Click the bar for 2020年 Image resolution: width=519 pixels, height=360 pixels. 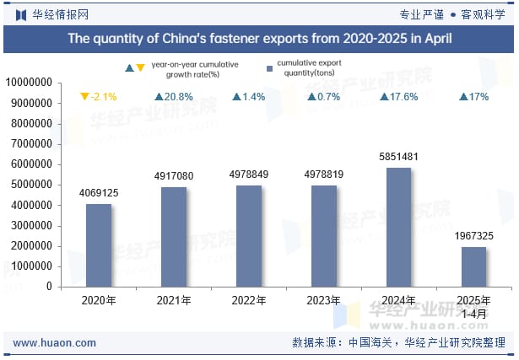99,244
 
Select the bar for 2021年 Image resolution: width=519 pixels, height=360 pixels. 174,236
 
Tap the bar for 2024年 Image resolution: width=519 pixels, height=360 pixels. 398,227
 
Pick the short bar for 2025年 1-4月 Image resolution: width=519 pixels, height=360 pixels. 473,266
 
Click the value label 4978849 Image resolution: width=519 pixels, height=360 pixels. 249,175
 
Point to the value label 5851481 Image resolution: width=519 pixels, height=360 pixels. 399,157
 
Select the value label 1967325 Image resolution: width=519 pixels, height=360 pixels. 473,236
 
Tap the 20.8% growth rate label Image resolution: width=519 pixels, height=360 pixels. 173,97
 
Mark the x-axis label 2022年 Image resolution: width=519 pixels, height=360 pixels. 249,300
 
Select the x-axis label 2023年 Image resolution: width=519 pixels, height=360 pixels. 324,300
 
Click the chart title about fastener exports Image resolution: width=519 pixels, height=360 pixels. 259,38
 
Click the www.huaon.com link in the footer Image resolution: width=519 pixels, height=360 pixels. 55,343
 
